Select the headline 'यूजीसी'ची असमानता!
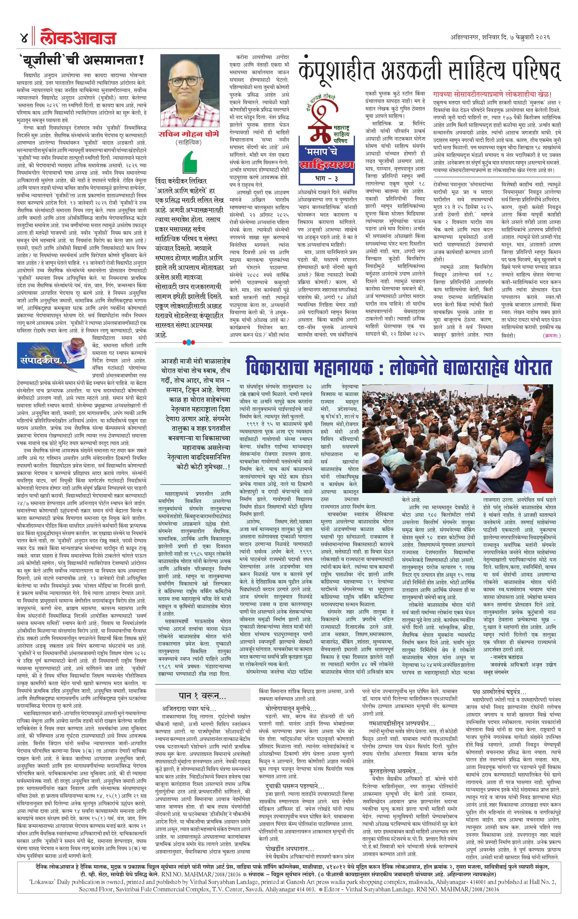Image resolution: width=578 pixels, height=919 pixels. [82, 60]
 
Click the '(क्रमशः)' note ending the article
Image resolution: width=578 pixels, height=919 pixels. [551, 335]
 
